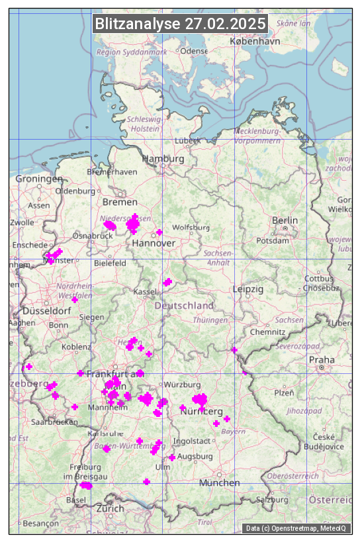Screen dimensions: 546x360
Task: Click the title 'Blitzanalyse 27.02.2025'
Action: point(181,24)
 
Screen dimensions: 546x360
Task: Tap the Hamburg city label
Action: point(163,159)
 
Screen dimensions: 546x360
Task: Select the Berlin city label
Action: point(285,220)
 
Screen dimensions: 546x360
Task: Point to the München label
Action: point(220,482)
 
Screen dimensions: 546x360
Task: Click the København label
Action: point(255,40)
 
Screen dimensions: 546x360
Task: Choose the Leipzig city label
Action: point(248,289)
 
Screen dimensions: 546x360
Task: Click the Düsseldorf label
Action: point(46,310)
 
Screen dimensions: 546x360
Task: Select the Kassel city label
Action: point(144,292)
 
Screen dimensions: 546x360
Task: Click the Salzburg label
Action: point(271,500)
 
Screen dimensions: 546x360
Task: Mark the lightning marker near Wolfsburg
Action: point(159,232)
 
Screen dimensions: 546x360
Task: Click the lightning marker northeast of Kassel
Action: point(167,282)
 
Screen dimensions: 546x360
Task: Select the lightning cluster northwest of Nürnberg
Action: point(199,399)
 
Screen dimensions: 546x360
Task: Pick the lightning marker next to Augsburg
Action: point(172,457)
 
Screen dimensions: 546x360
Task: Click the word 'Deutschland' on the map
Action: point(184,306)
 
